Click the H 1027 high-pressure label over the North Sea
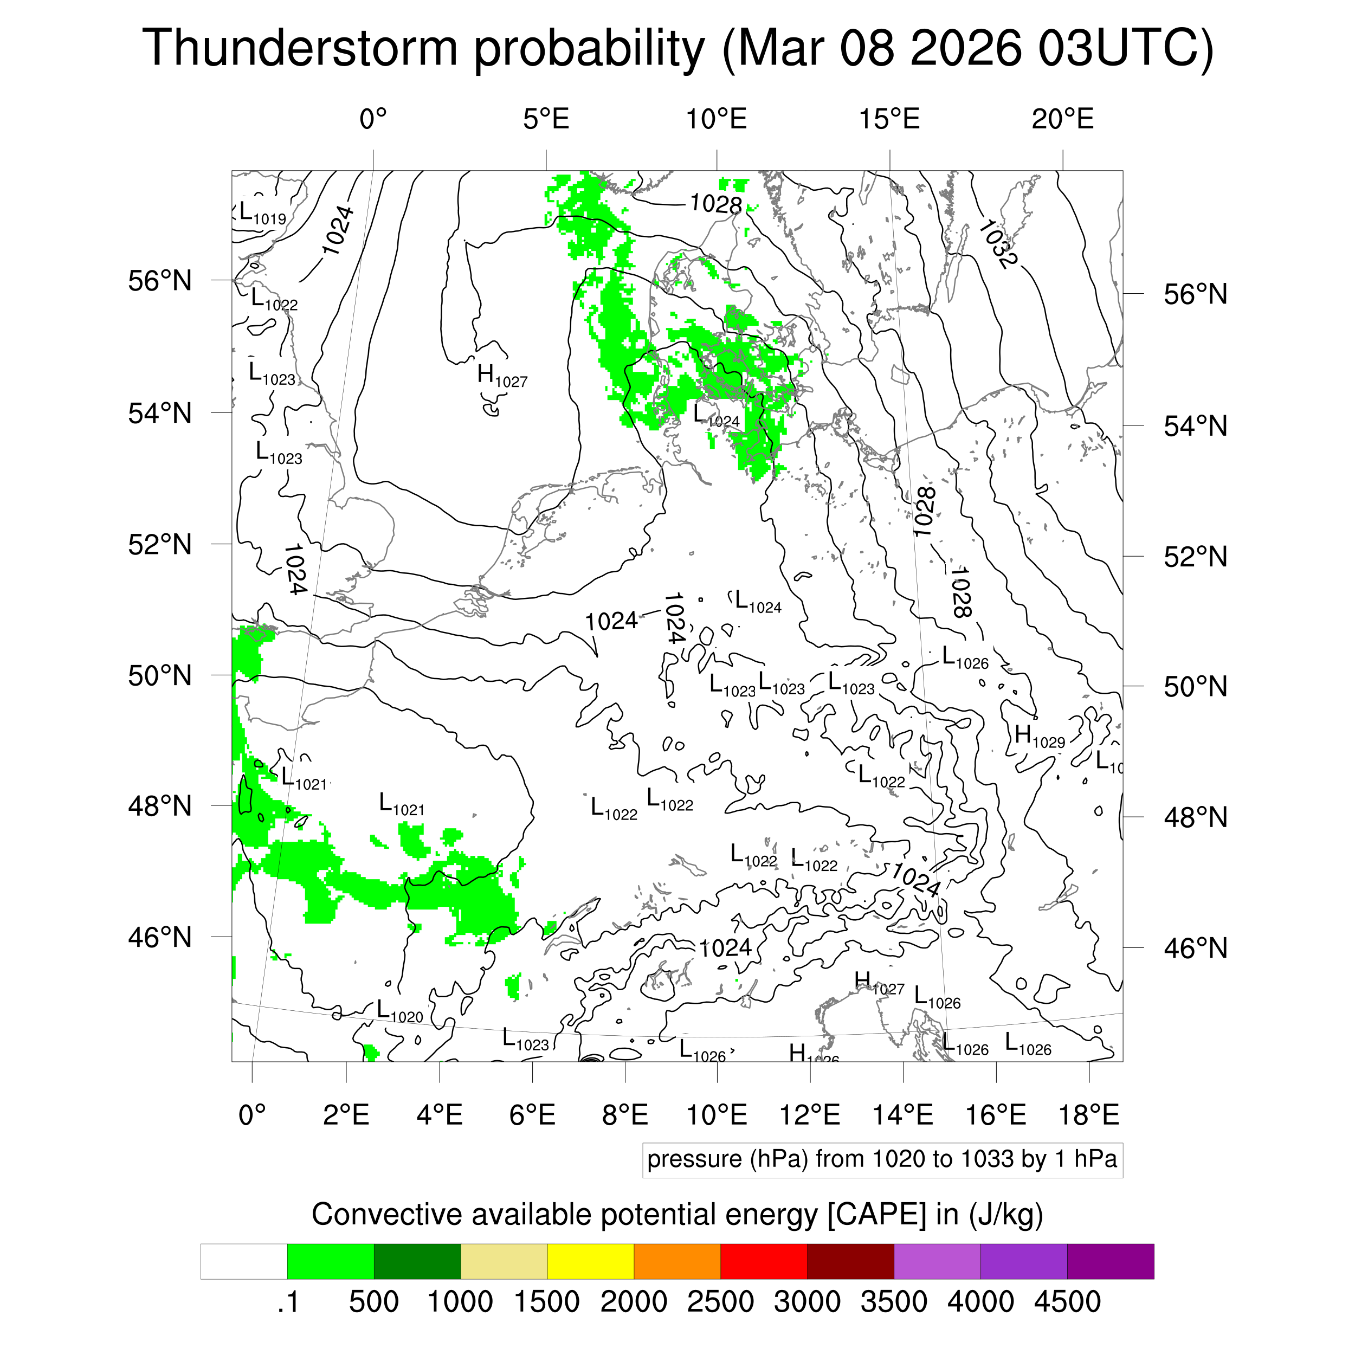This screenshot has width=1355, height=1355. point(501,376)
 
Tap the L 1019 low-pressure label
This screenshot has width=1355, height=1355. point(262,212)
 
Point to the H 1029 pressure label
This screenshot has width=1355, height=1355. point(1040,737)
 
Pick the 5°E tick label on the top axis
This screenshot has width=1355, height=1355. point(546,119)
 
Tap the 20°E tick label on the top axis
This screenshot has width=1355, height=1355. point(1062,119)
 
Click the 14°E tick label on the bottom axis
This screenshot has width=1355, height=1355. point(902,1114)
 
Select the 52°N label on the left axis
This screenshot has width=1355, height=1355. point(160,544)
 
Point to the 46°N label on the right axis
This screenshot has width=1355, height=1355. point(1195,948)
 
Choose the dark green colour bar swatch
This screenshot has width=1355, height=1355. point(417,1262)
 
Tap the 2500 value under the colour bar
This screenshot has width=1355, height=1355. point(720,1302)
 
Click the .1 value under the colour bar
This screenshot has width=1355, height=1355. point(288,1302)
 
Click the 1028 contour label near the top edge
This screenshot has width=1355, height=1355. point(715,204)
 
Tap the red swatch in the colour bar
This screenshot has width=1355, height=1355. point(763,1262)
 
